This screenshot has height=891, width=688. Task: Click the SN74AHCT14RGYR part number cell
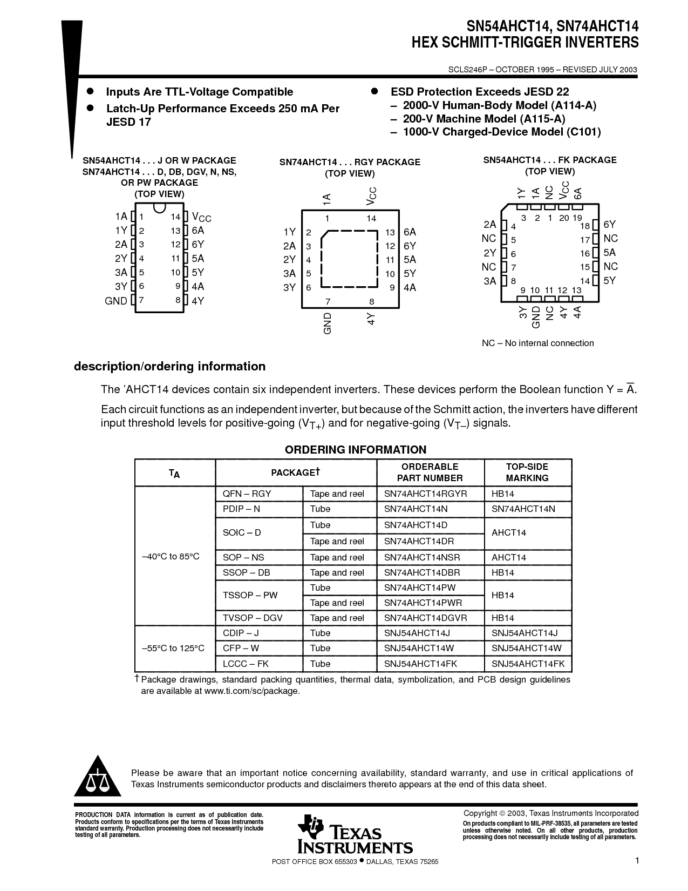[426, 494]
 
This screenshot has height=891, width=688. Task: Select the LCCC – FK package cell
[246, 664]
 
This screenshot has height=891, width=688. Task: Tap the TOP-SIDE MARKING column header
[527, 473]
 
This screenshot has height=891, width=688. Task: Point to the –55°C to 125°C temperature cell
[173, 648]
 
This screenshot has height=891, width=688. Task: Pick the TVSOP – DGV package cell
[253, 618]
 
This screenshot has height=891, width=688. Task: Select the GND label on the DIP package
[116, 301]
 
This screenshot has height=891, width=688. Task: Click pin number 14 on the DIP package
[175, 217]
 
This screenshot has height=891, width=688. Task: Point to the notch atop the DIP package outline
[159, 208]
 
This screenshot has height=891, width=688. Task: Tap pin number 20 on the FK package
[564, 218]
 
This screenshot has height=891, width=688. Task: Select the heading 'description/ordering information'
[169, 367]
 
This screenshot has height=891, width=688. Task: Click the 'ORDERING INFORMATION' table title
[356, 450]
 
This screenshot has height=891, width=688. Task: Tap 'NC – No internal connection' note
[537, 343]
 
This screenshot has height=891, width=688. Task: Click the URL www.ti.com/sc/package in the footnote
[251, 691]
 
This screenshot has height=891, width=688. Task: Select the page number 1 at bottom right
[637, 861]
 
